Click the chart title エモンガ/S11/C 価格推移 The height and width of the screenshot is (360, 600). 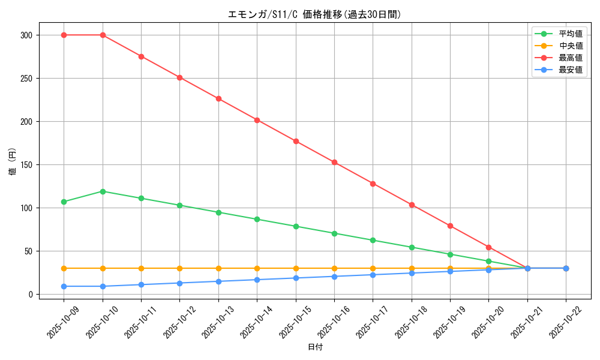point(314,14)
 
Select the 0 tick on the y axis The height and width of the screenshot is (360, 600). point(31,295)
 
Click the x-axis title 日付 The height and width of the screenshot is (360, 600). point(315,347)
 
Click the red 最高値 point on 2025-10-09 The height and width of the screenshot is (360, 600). point(64,35)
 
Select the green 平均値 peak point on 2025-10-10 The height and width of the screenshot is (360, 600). point(103,191)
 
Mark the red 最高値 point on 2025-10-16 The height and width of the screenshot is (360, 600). point(334,162)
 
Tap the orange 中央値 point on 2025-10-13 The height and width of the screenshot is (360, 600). point(218,268)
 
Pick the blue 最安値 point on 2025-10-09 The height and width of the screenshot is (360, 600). point(64,286)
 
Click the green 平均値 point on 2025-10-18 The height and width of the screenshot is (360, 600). point(412,247)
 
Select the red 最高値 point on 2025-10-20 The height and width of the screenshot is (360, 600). point(488,247)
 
